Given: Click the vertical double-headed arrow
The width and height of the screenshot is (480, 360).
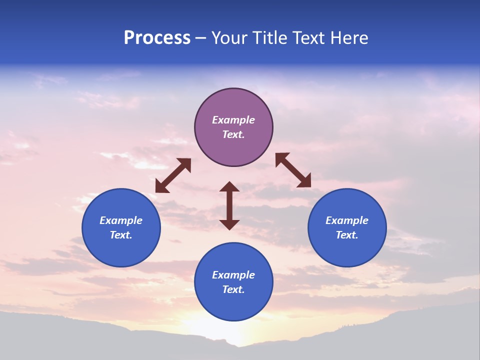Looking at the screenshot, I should pos(229,205).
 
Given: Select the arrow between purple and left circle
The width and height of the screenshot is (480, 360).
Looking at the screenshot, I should pos(173,175).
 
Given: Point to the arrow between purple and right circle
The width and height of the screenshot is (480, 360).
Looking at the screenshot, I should pos(293,170).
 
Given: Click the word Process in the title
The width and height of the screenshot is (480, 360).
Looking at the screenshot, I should pos(157,38).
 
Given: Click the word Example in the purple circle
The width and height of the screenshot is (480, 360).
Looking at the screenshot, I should pos(233,120).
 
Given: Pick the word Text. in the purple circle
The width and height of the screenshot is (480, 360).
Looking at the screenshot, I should pos(233,134).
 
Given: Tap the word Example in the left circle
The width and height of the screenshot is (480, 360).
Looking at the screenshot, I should pos(121,220).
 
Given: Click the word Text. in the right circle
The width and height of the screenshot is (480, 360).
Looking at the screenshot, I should pos(347,235).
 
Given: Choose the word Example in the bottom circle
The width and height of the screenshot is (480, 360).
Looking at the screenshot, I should pos(233,275).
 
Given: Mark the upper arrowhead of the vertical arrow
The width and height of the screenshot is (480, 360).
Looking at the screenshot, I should pos(229,187).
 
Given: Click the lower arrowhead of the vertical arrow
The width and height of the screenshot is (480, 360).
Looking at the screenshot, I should pos(229,224).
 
